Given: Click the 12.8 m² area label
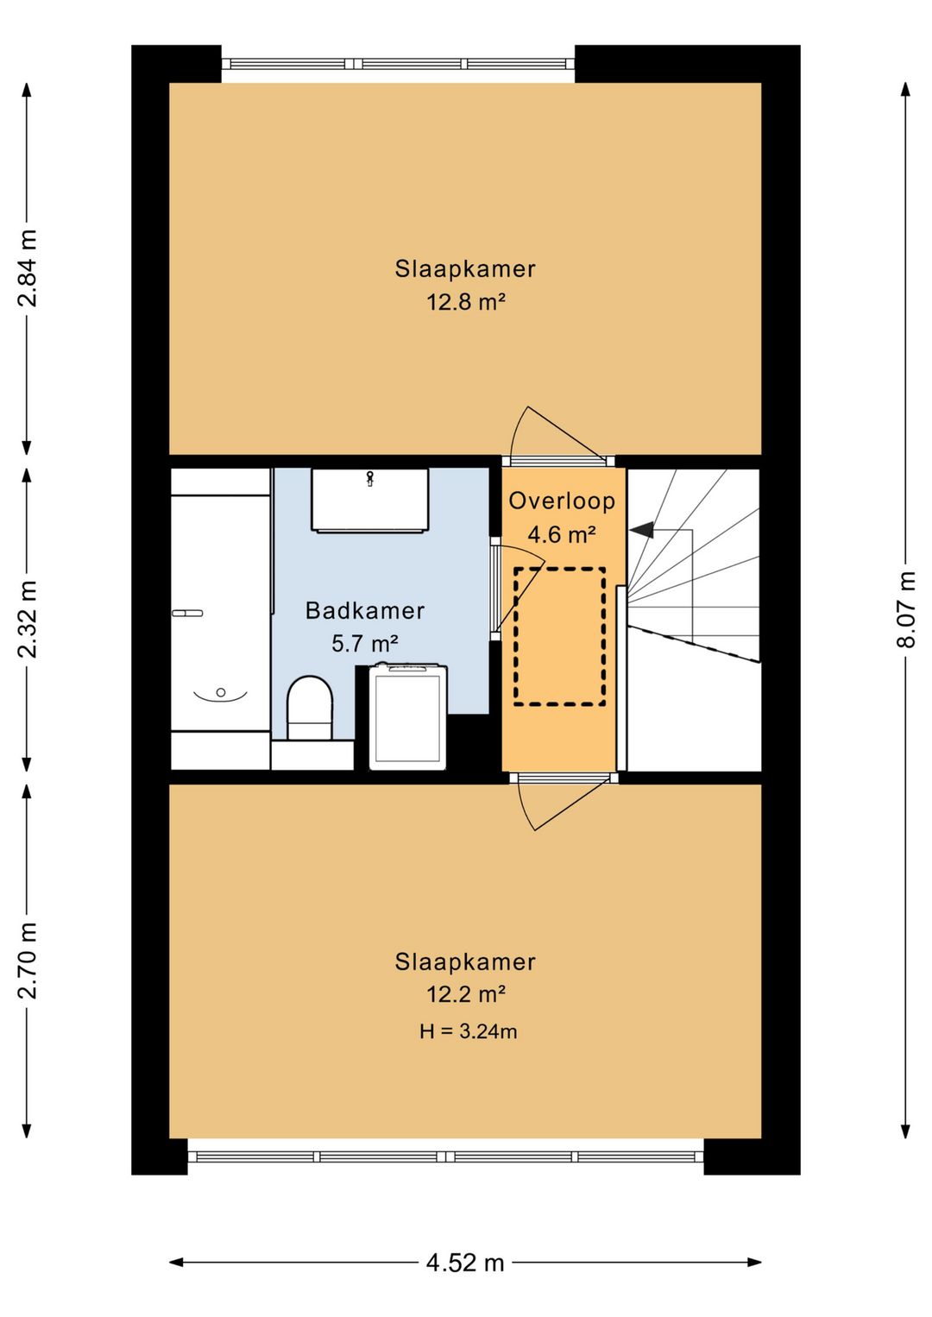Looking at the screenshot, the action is pos(466,303).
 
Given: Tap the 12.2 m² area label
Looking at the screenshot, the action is pos(466,995).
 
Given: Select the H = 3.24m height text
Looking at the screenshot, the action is pos(468,1031).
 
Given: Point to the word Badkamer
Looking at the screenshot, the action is pos(364,611).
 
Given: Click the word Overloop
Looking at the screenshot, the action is pos(562,501).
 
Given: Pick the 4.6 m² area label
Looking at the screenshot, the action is pos(562,535).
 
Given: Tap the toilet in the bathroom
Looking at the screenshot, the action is pos(309,708).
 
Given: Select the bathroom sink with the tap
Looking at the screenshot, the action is pos(370,501).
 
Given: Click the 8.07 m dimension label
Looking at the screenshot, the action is pos(906,609).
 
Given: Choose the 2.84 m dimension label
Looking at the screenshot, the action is pos(28,268).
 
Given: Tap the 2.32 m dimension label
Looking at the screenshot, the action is pos(28,619).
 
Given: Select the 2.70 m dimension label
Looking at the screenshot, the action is pos(28,961).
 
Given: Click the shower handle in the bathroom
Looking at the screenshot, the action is pos(187,614).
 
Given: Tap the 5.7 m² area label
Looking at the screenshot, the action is pos(365,644).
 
